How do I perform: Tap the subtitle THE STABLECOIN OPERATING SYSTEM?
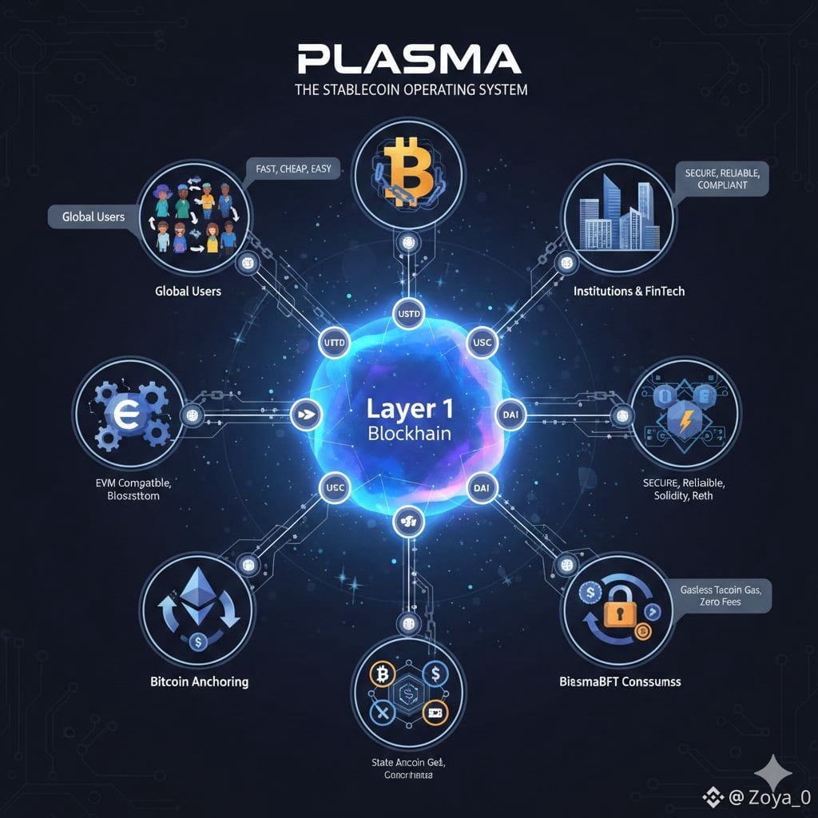pyautogui.click(x=411, y=89)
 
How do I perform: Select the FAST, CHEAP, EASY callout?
pyautogui.click(x=294, y=169)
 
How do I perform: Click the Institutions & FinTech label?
pyautogui.click(x=629, y=292)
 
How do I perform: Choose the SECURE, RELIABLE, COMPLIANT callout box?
pyautogui.click(x=722, y=178)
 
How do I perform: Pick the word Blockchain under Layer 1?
pyautogui.click(x=409, y=434)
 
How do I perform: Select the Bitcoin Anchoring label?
pyautogui.click(x=200, y=682)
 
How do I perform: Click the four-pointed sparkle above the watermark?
pyautogui.click(x=773, y=772)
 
